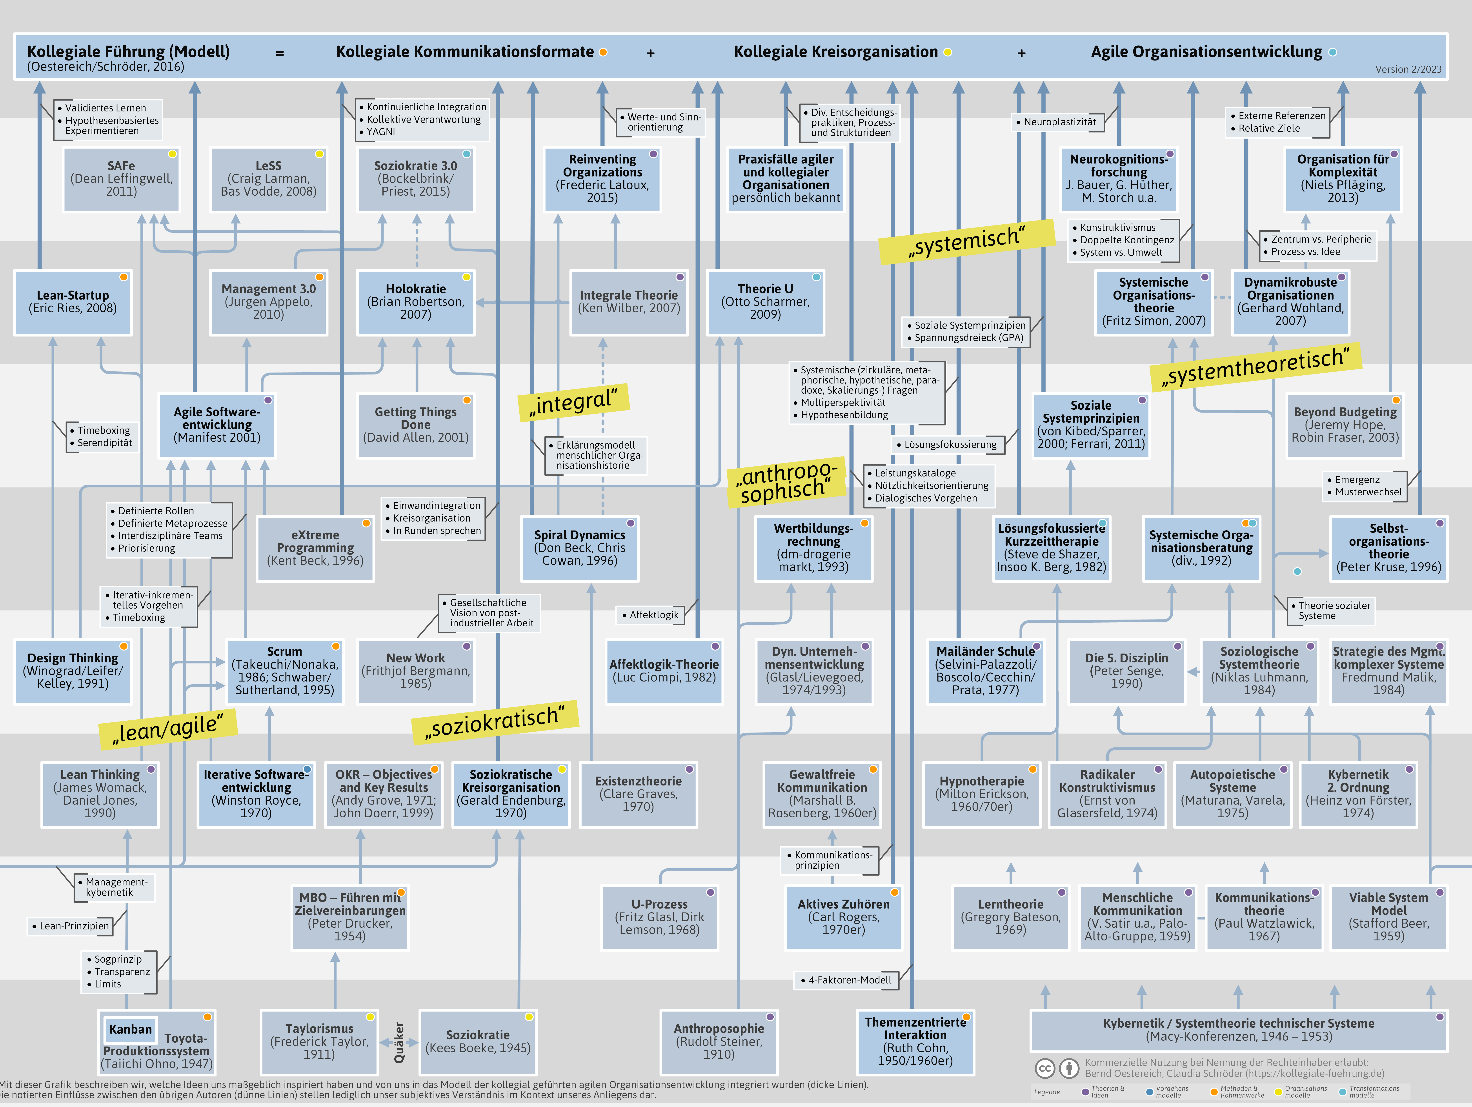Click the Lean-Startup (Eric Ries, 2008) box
point(73,302)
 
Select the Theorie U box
point(765,302)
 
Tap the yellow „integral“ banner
point(574,402)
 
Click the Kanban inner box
point(130,1029)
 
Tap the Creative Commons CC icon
point(1045,1068)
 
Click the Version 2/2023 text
point(1408,69)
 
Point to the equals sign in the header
point(280,53)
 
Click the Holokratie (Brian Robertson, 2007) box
point(416,302)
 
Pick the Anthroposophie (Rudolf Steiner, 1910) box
point(719,1041)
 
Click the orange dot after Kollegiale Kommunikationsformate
point(603,52)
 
